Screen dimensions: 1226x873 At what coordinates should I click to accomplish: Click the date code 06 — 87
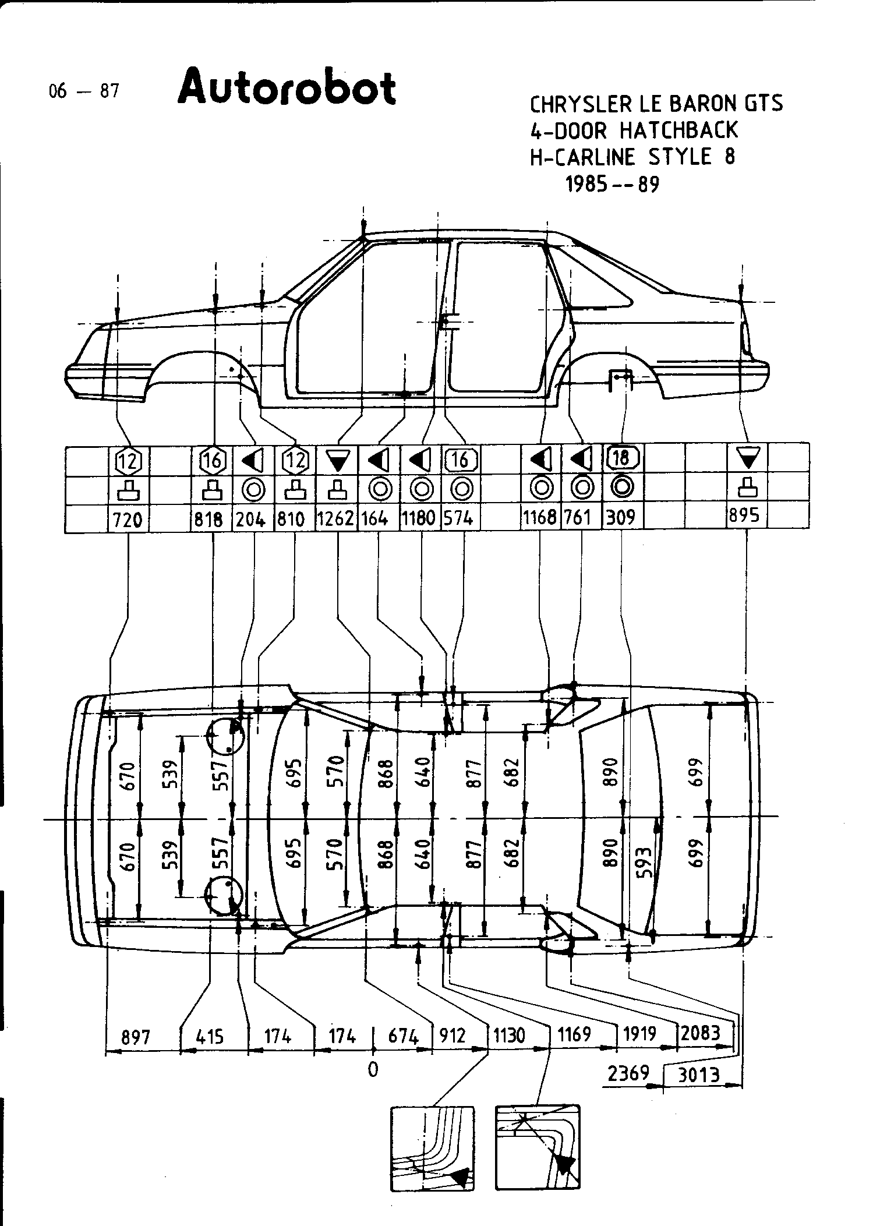point(84,91)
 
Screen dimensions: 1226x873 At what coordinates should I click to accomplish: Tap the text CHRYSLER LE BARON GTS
point(656,104)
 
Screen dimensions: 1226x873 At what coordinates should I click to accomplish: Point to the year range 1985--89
point(612,184)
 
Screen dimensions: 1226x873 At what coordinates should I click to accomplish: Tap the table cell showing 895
point(745,517)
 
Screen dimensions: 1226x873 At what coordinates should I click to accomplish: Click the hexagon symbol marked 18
point(621,458)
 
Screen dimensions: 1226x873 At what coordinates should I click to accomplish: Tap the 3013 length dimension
point(699,1075)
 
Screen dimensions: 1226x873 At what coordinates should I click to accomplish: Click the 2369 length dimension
point(628,1073)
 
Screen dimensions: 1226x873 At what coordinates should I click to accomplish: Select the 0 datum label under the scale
point(373,1069)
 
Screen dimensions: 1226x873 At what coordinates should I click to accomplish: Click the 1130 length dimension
point(510,1036)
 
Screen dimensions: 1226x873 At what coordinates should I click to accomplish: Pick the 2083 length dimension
point(701,1033)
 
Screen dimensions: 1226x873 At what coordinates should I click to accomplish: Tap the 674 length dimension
point(403,1036)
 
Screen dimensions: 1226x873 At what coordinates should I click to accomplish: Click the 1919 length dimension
point(640,1034)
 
